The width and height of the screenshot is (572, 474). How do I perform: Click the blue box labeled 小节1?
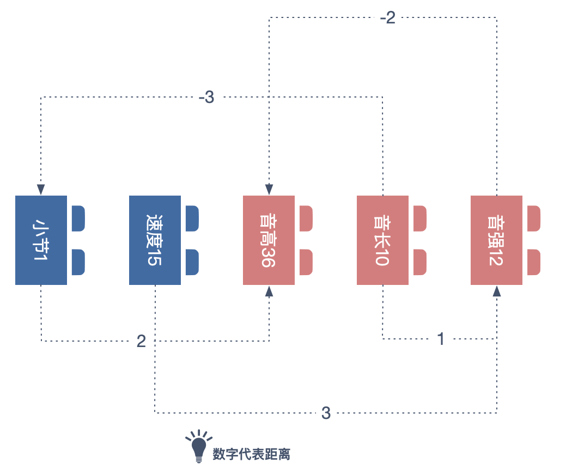(41, 240)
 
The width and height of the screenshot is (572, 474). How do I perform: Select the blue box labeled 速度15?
(155, 240)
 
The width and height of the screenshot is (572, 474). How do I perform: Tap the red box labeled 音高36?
(269, 240)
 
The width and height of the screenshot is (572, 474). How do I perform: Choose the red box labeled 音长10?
(382, 240)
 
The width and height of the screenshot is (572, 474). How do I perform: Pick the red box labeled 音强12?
(496, 240)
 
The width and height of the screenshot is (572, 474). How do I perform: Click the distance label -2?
(387, 18)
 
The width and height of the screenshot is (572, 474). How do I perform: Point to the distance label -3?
(206, 98)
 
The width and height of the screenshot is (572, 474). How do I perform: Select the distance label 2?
(141, 342)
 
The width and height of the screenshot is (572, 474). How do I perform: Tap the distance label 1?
(441, 339)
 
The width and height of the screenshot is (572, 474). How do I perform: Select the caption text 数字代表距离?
(251, 454)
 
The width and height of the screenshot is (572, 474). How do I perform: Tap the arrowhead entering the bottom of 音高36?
(269, 291)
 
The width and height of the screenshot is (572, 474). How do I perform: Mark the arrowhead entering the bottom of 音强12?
(496, 291)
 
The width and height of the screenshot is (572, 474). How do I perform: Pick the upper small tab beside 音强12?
(533, 218)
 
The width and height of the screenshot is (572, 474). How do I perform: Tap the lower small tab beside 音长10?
(419, 262)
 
